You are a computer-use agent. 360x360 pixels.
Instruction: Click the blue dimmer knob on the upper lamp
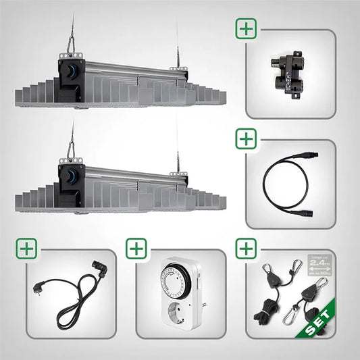(70, 70)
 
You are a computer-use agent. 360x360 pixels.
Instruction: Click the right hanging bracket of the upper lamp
(178, 66)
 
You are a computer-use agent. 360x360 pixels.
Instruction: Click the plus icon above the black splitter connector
(246, 30)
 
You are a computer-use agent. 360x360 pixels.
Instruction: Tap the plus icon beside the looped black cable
(246, 139)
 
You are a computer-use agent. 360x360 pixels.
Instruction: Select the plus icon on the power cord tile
(27, 249)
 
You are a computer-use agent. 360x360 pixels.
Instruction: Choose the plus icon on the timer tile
(136, 249)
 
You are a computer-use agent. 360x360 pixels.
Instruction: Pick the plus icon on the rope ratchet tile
(246, 249)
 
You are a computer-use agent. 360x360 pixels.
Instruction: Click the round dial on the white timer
(170, 284)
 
